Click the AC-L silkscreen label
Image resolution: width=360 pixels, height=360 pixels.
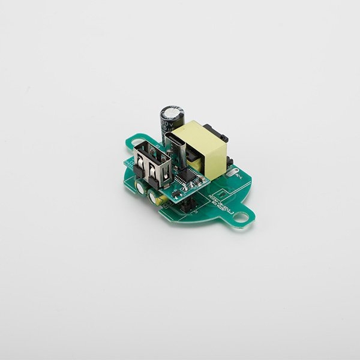point(238,177)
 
